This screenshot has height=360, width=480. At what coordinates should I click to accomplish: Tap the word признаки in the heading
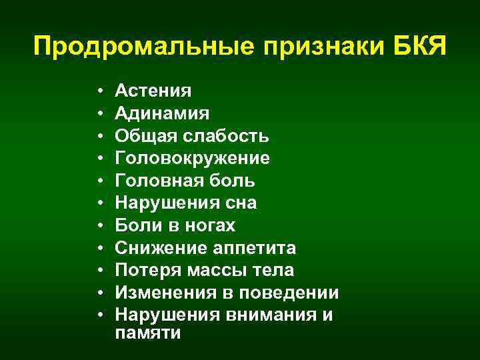point(319,48)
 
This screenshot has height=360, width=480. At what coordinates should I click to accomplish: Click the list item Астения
point(153,91)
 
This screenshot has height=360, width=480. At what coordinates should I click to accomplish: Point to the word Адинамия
point(162,113)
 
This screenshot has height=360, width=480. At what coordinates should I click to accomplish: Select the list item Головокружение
point(192,159)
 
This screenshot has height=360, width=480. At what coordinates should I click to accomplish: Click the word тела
point(275,271)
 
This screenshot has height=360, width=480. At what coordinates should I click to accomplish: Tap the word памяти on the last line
point(147,333)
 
